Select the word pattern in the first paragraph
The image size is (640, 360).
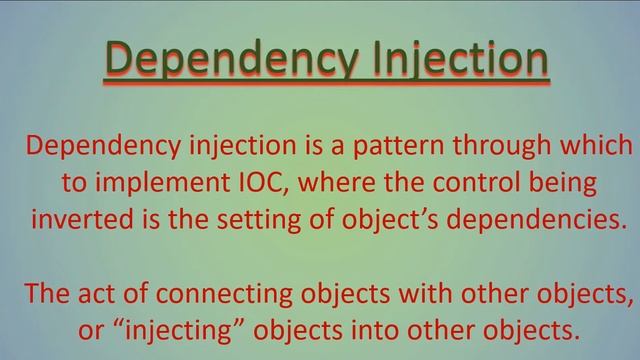point(395,147)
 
